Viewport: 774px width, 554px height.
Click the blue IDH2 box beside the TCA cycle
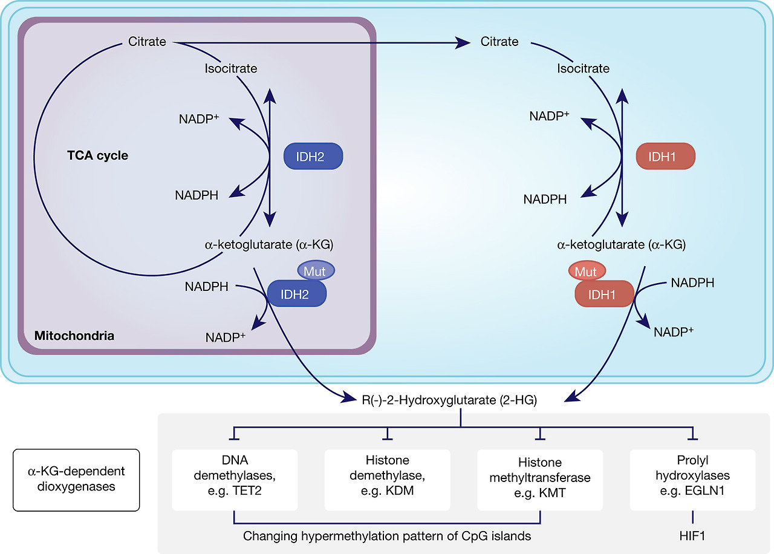313,157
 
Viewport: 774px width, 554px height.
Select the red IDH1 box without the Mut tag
666,157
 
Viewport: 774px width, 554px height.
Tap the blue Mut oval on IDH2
314,272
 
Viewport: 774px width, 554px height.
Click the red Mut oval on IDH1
586,272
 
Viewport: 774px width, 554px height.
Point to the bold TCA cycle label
97,155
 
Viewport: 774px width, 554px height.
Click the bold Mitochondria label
74,335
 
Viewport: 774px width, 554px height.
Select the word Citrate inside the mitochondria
148,42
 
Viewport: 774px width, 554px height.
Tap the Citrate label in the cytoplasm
499,42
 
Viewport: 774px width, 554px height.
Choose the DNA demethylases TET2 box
233,480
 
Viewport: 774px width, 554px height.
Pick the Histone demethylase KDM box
387,480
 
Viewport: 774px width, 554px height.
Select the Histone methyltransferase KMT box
540,480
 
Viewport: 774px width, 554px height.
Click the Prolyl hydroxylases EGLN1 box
692,480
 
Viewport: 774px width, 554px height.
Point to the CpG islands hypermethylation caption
386,536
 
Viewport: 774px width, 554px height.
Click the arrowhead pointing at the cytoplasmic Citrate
464,42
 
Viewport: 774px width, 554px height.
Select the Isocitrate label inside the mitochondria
231,68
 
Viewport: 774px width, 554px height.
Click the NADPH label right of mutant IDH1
693,282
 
